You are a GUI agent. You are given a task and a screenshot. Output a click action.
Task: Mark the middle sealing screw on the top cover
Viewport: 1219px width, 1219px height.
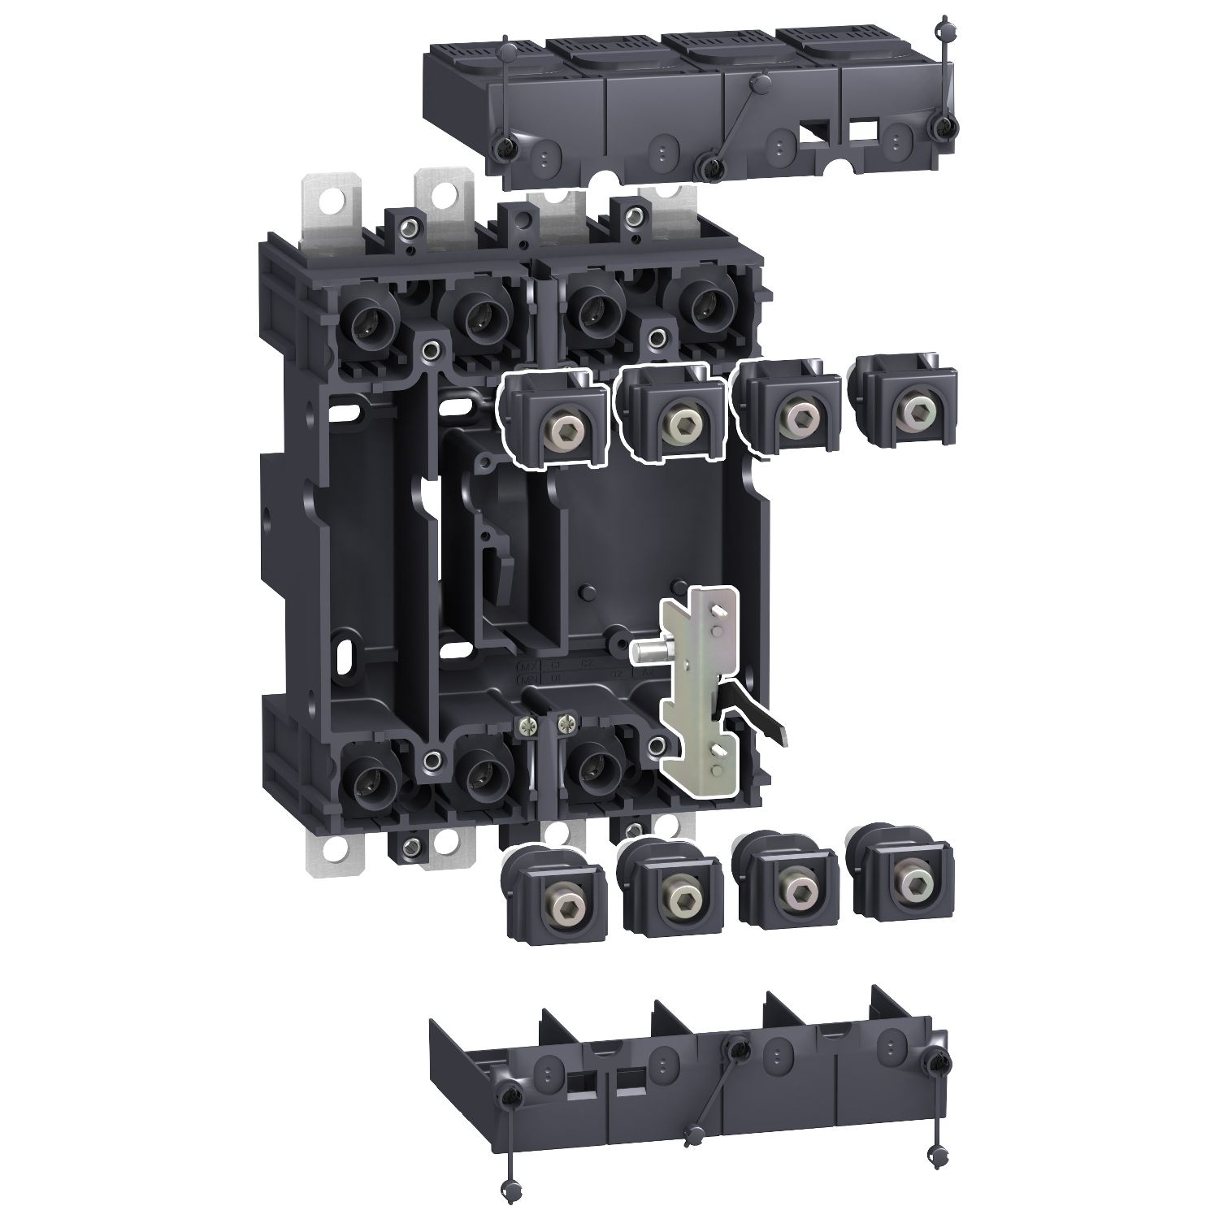click(713, 167)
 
